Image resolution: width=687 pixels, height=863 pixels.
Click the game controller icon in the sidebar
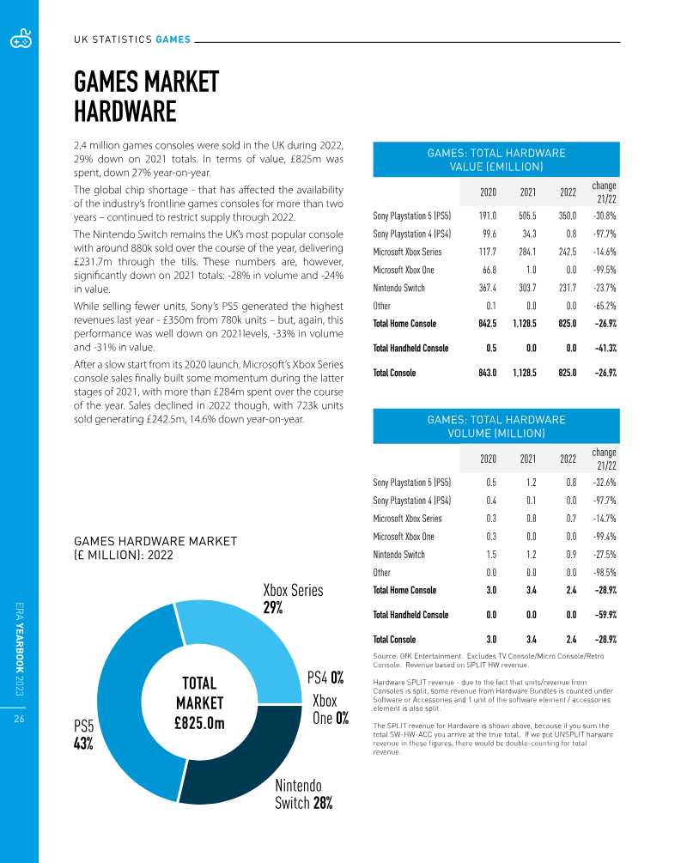click(19, 39)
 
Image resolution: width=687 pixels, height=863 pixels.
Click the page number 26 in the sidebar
click(18, 720)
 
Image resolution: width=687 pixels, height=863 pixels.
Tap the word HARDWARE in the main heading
click(125, 112)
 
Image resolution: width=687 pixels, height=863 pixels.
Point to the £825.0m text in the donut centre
click(198, 723)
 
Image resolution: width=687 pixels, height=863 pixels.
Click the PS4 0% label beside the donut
click(325, 678)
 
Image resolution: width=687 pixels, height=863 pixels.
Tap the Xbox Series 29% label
click(292, 599)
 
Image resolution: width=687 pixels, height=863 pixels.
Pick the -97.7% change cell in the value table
click(604, 234)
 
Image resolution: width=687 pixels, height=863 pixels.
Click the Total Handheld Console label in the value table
click(410, 348)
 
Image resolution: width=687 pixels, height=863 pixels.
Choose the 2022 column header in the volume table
click(568, 459)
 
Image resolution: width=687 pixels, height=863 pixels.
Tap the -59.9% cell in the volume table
click(604, 615)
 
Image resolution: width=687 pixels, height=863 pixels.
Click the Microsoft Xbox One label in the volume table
click(404, 537)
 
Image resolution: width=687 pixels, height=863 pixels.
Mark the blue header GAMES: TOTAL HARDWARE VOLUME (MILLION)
click(496, 426)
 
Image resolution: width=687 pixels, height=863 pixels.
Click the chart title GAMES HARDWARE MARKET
click(155, 541)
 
